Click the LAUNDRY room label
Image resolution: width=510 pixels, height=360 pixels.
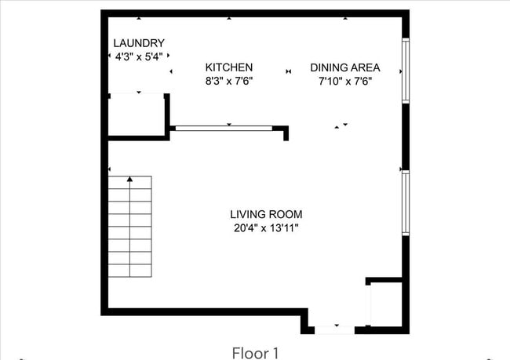tap(139, 43)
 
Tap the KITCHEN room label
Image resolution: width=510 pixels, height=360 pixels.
tap(228, 67)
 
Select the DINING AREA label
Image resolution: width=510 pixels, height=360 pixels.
tap(344, 67)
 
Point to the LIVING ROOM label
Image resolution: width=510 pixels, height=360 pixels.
tap(265, 214)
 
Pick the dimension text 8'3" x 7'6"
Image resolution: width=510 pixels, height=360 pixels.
tap(228, 81)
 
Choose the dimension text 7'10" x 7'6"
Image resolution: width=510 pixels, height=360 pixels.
tap(344, 81)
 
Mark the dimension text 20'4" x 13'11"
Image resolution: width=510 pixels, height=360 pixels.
tap(265, 228)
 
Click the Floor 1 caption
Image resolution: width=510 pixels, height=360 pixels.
tap(255, 352)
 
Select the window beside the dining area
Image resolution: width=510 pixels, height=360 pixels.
tap(405, 70)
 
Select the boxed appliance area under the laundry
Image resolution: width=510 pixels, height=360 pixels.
tap(137, 115)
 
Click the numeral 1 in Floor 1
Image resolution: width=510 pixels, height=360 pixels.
tap(275, 352)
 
